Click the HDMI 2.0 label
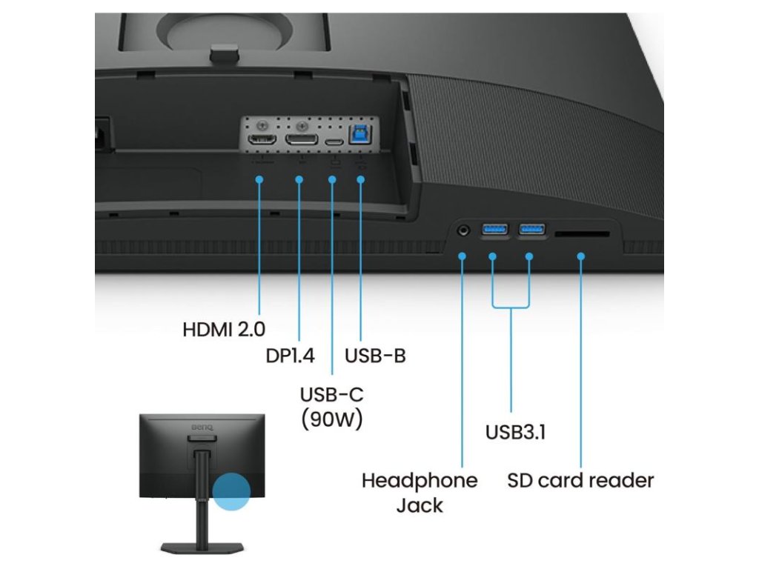coord(224,329)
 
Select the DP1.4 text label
coord(290,356)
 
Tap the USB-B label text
coord(375,356)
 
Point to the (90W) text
coord(331,420)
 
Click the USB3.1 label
coord(515,432)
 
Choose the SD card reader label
coord(580,480)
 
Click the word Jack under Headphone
coord(420,506)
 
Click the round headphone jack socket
coord(465,230)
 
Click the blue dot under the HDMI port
coord(259,179)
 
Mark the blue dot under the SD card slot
coord(581,256)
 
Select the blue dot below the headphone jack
coord(462,256)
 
